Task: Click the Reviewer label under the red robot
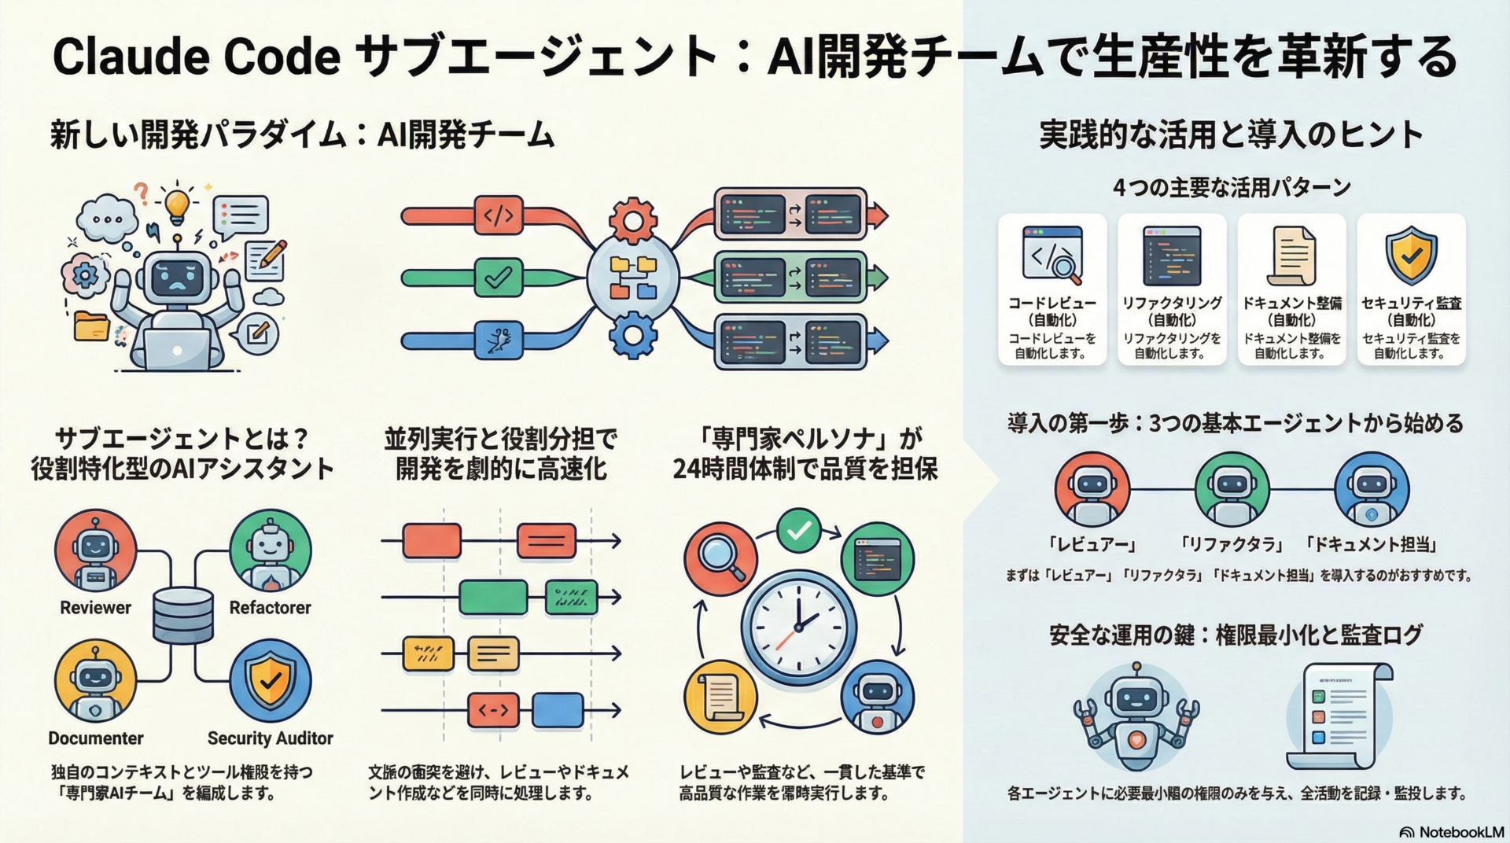tap(95, 608)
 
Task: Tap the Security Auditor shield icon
tap(270, 681)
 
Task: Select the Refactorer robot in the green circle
tap(270, 550)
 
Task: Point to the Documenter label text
tap(95, 738)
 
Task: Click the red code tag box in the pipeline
tap(499, 215)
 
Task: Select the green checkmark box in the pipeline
tap(499, 278)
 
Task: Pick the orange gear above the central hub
tap(633, 221)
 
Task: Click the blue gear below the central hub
tap(633, 336)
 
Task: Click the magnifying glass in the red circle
tap(720, 559)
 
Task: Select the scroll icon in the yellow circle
tap(720, 697)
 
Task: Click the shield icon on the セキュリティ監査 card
tap(1411, 256)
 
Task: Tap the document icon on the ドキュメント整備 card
tap(1291, 256)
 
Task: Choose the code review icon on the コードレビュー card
tap(1052, 256)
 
